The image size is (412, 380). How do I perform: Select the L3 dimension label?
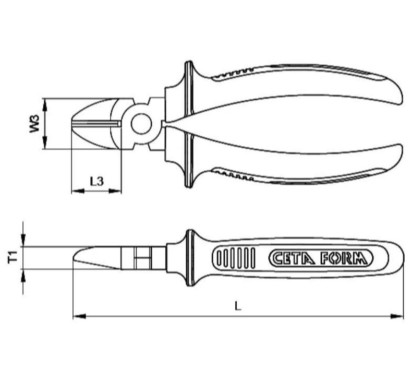pyautogui.click(x=96, y=181)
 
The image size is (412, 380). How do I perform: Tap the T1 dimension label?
pyautogui.click(x=14, y=257)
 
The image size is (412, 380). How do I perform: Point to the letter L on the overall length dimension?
pyautogui.click(x=238, y=306)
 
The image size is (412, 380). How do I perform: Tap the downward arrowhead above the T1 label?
pyautogui.click(x=23, y=242)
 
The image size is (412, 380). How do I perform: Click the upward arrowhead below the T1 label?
pyautogui.click(x=23, y=274)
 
